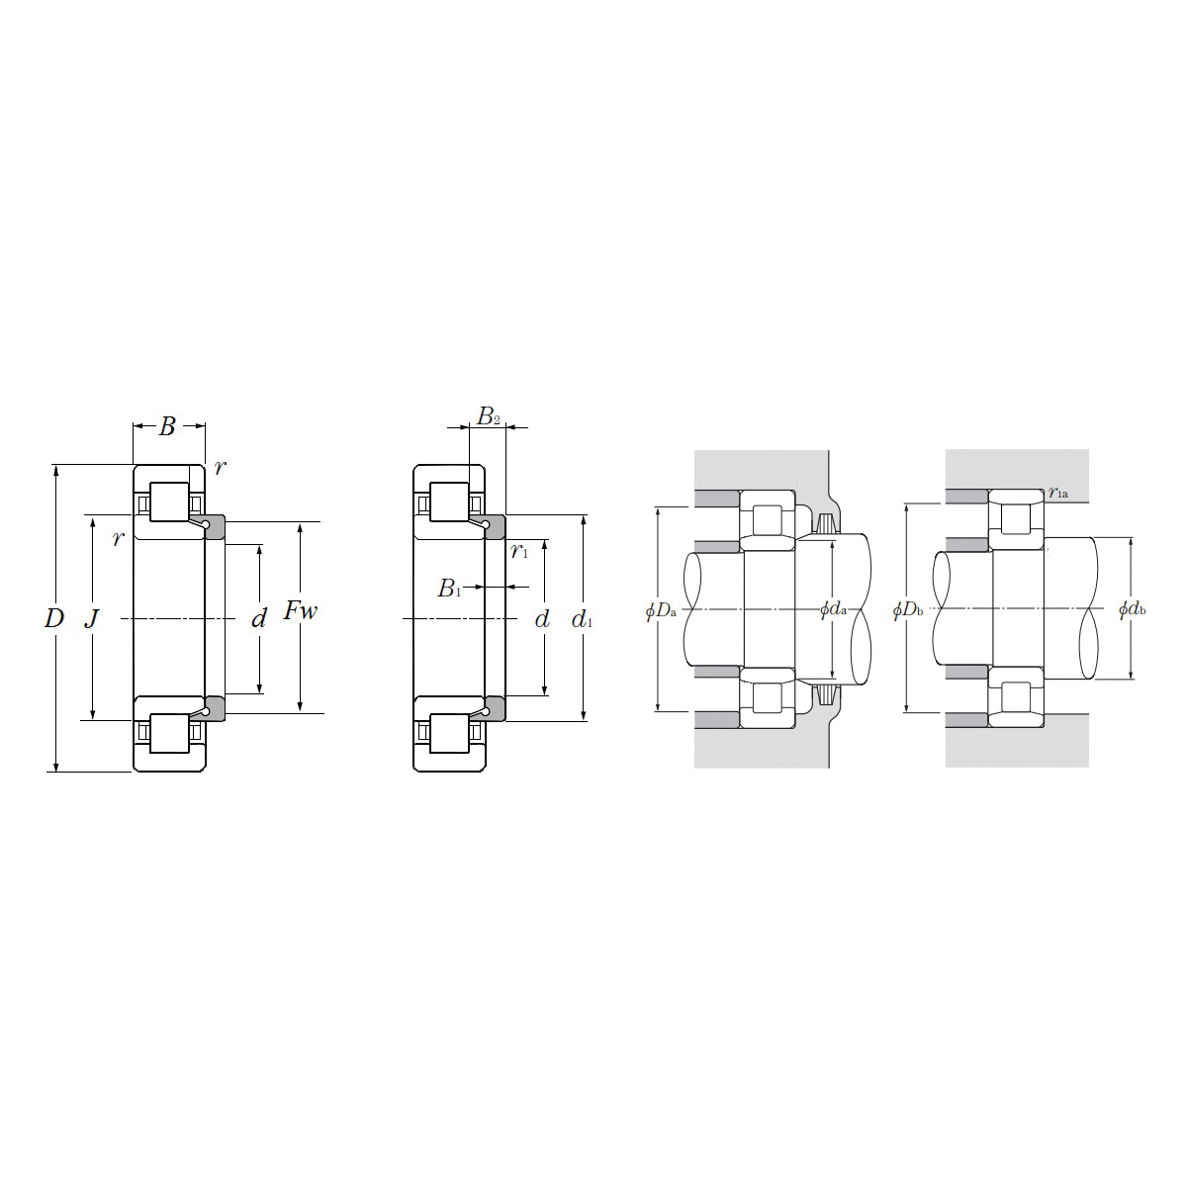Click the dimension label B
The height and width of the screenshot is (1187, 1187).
coord(167,426)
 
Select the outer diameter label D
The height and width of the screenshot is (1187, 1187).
coord(54,618)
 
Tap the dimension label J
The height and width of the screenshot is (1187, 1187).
coord(91,618)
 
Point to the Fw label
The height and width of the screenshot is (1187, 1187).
coord(301,610)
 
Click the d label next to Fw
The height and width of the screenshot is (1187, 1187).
coord(259,618)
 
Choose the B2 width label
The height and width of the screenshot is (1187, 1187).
coord(489,417)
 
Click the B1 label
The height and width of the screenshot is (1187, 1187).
coord(449,589)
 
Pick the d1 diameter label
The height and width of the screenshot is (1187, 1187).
coord(582,619)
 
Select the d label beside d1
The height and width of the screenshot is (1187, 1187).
coord(542,618)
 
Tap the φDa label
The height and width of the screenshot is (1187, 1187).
coord(661,611)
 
